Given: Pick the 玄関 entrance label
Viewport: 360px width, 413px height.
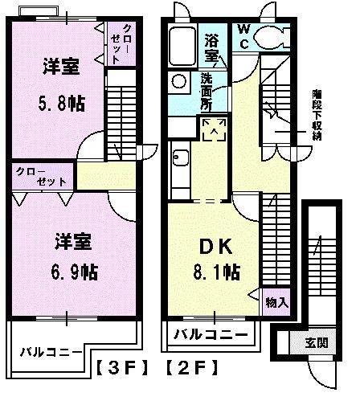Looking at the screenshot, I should coord(316,343).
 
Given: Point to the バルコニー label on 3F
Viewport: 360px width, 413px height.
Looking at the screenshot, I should coord(51,351).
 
